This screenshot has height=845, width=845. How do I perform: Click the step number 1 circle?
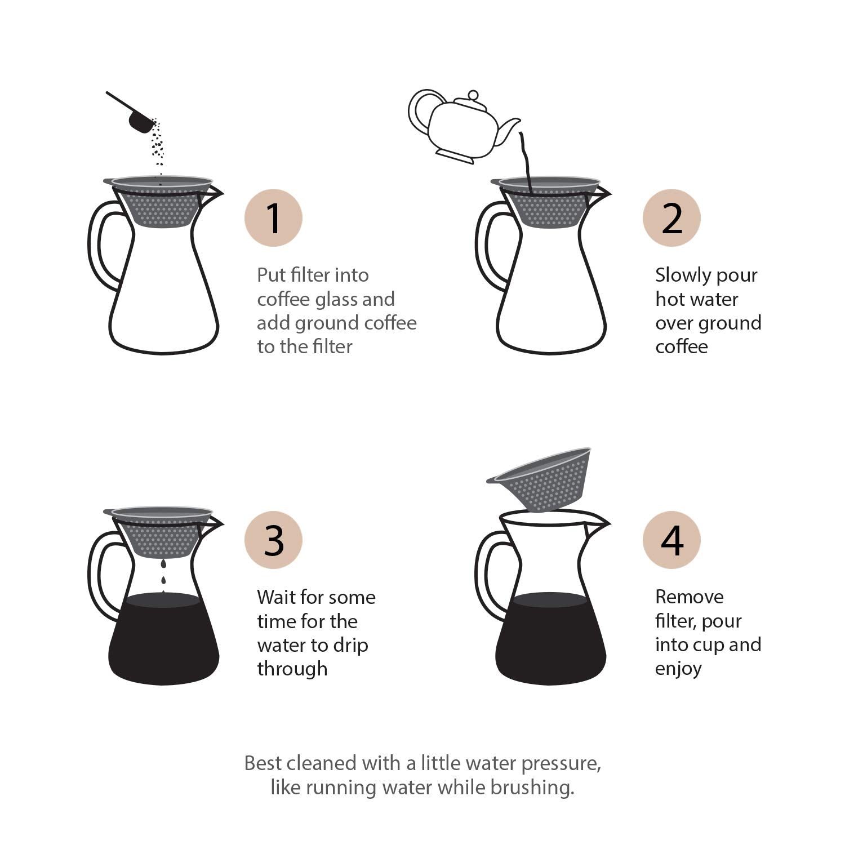coord(273,218)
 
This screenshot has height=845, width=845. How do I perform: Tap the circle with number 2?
coord(671,218)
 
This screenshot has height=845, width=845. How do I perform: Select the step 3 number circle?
coord(273,540)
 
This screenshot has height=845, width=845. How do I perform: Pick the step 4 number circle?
coord(671,540)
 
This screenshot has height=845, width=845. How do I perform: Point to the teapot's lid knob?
coord(473,95)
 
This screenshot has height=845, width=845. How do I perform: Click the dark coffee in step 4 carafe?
coord(551,642)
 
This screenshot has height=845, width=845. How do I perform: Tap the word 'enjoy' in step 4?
coord(678,669)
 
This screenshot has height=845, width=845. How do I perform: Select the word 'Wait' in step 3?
coord(277,597)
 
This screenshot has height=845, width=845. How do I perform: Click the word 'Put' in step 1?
coord(270,275)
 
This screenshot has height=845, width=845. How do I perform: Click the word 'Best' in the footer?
coord(263,763)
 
